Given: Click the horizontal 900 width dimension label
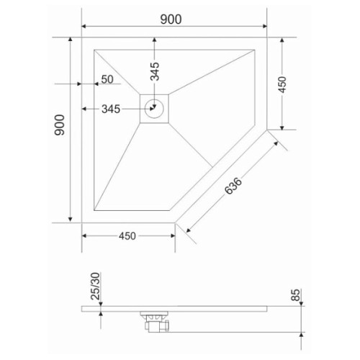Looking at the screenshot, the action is pyautogui.click(x=171, y=19).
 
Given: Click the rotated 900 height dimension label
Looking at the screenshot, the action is pyautogui.click(x=60, y=125).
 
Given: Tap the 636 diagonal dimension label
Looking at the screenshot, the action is pyautogui.click(x=233, y=186).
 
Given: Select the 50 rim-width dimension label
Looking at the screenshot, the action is pyautogui.click(x=107, y=79).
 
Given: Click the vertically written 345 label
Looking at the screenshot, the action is pyautogui.click(x=155, y=71).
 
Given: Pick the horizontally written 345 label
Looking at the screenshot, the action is pyautogui.click(x=111, y=109).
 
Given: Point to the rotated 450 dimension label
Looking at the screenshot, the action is pyautogui.click(x=282, y=85).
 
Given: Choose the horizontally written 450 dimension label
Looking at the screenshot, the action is pyautogui.click(x=127, y=236).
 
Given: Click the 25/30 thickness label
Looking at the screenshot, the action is pyautogui.click(x=95, y=286).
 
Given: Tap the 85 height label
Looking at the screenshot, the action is pyautogui.click(x=296, y=295).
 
